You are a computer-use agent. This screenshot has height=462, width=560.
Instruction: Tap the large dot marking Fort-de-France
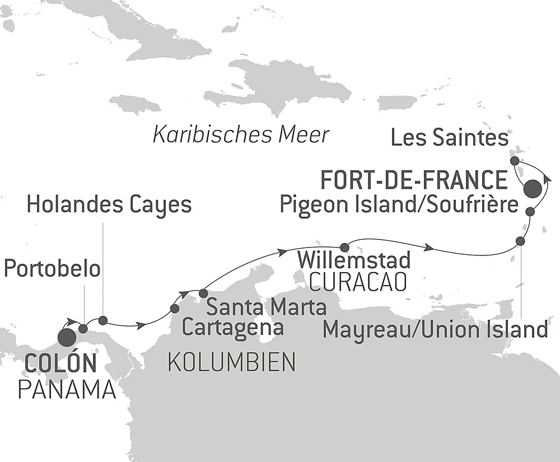[533, 189]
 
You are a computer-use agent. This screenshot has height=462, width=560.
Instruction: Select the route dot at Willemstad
[345, 247]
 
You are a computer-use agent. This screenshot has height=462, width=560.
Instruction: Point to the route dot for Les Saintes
[515, 161]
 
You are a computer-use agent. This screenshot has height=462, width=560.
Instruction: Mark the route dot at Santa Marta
[203, 293]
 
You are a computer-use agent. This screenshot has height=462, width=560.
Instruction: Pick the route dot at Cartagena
[175, 309]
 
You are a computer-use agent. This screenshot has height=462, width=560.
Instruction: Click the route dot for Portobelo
[83, 329]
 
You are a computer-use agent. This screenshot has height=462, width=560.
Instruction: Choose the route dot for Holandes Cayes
[102, 320]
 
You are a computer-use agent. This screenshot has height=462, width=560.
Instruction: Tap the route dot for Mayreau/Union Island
[520, 241]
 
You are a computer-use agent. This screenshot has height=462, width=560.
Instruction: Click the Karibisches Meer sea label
[241, 135]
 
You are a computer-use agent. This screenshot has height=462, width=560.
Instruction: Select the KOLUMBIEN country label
[231, 363]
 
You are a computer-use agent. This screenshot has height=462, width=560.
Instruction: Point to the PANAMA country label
[67, 389]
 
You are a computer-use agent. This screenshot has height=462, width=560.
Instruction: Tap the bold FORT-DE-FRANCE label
[413, 181]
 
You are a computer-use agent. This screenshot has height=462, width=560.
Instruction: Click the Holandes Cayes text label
[109, 205]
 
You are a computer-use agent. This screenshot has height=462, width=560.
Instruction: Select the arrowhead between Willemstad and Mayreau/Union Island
[430, 247]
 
